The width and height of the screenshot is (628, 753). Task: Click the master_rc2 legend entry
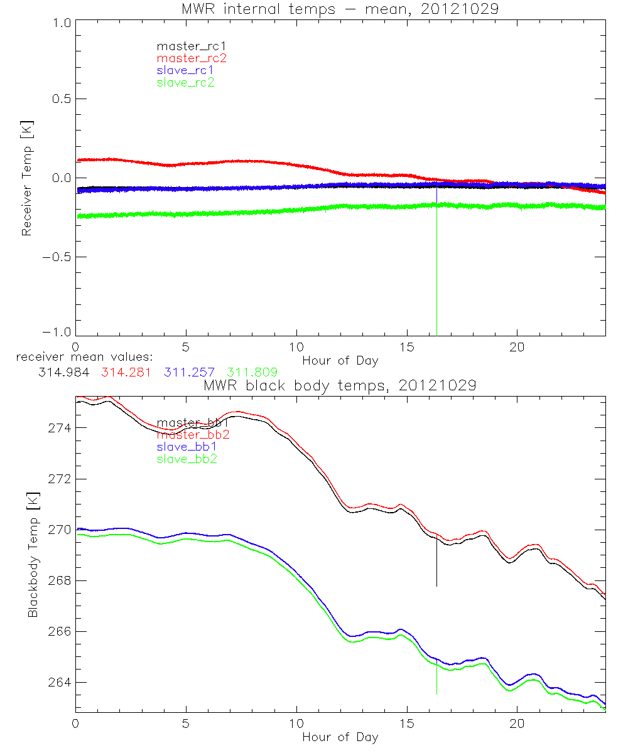point(192,58)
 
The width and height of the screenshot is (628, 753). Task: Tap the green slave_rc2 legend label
point(185,82)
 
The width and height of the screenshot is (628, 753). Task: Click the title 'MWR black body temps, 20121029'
point(340,385)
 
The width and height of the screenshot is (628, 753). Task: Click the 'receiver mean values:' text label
point(80,357)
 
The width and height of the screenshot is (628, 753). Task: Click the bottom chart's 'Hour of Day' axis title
point(340,737)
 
